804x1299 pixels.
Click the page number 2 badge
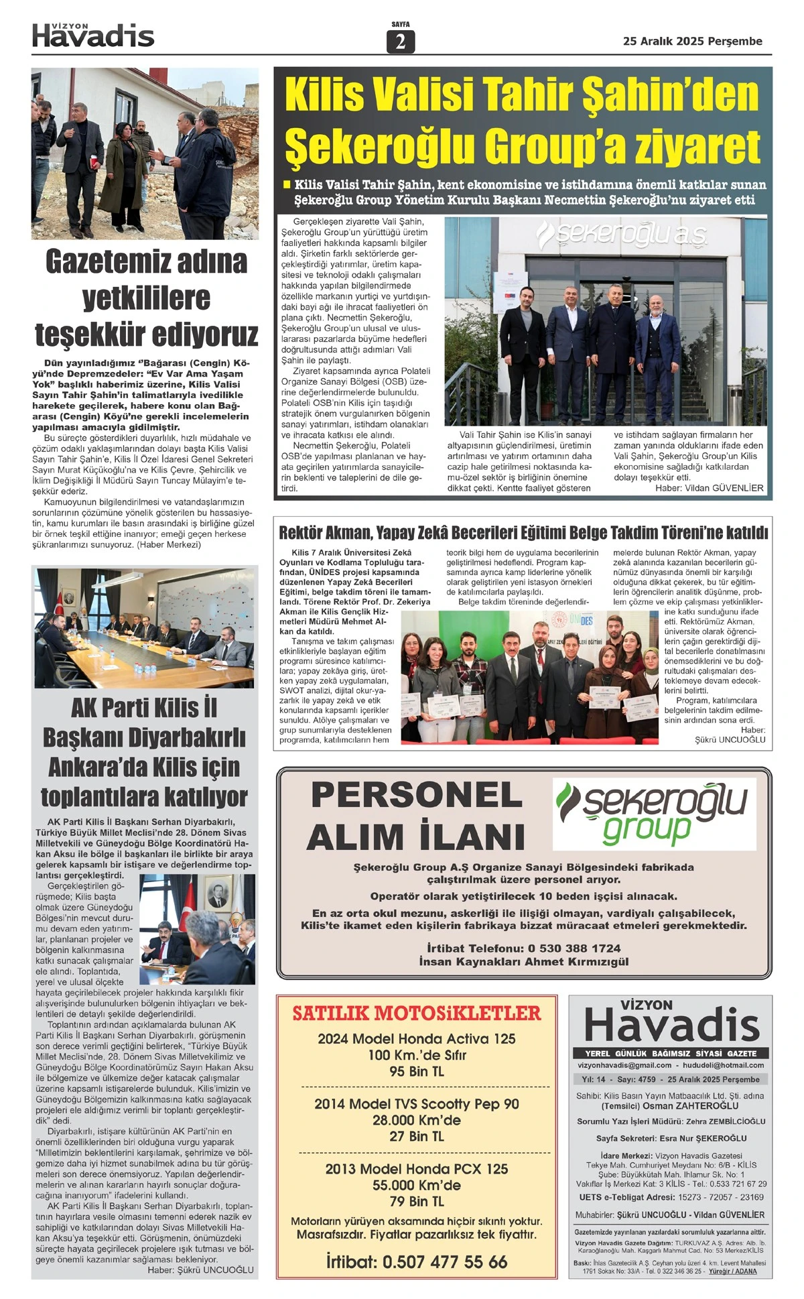tap(401, 42)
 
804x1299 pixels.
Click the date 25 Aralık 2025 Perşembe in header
tap(692, 42)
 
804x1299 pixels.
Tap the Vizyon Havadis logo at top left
tap(93, 36)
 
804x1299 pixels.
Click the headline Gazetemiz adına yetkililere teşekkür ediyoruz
tap(146, 297)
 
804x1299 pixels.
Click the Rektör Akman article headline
tap(523, 533)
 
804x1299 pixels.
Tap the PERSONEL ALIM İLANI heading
tap(416, 816)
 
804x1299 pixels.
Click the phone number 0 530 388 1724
tap(574, 948)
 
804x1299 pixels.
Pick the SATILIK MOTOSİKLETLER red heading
tap(416, 1013)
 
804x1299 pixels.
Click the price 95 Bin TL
tap(417, 1072)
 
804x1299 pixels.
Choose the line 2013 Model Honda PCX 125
tap(417, 1169)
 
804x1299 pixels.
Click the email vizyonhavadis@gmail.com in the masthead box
tap(624, 1065)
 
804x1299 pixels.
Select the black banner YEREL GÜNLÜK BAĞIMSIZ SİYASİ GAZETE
tap(670, 1053)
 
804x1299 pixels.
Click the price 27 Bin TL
tap(417, 1136)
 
